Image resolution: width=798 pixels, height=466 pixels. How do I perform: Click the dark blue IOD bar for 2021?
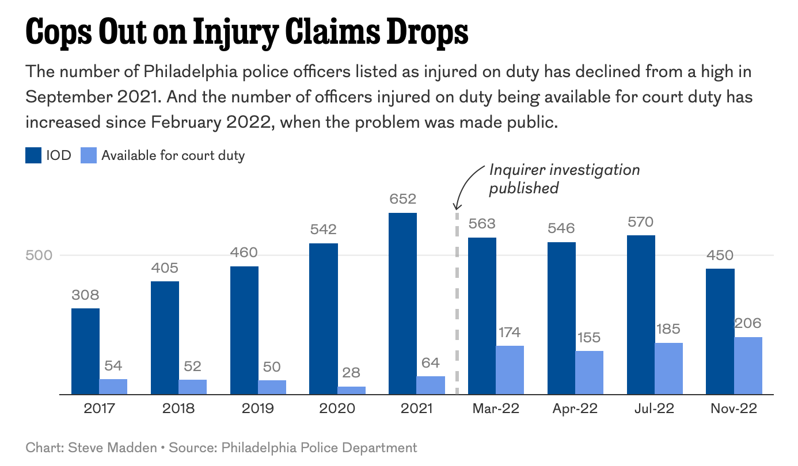pyautogui.click(x=402, y=304)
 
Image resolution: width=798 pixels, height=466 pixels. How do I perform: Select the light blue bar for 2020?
pyautogui.click(x=351, y=391)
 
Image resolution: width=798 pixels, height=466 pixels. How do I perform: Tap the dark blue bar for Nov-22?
pyautogui.click(x=720, y=331)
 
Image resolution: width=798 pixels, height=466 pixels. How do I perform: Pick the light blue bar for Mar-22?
pyautogui.click(x=510, y=370)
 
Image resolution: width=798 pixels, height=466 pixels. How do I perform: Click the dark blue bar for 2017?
pyautogui.click(x=85, y=352)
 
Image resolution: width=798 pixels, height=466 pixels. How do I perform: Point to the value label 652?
pyautogui.click(x=402, y=199)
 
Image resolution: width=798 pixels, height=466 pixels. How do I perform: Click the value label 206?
pyautogui.click(x=748, y=323)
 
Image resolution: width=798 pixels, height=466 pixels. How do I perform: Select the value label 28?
pyautogui.click(x=351, y=372)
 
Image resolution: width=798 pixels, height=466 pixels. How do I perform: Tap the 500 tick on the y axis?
pyautogui.click(x=39, y=255)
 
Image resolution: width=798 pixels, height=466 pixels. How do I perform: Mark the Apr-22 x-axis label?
pyautogui.click(x=575, y=409)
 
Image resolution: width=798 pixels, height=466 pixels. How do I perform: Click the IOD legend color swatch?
pyautogui.click(x=33, y=155)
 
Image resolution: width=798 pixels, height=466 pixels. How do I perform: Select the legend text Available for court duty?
pyautogui.click(x=173, y=155)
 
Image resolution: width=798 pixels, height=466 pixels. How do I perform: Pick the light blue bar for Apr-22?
pyautogui.click(x=589, y=373)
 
